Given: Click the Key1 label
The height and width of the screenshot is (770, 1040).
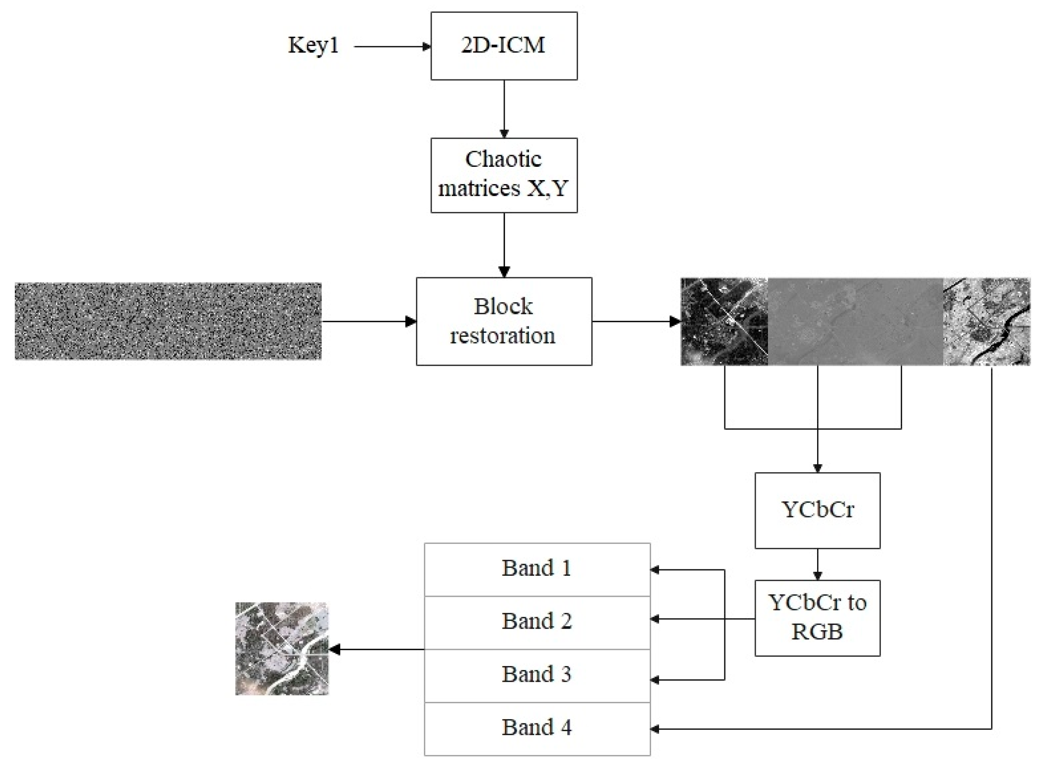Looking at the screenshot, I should (313, 46).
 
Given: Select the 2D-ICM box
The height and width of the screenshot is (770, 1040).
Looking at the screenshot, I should (503, 46).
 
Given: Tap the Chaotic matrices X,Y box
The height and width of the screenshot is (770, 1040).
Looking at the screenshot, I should (503, 175).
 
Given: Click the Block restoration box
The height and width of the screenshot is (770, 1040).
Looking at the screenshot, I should (503, 321).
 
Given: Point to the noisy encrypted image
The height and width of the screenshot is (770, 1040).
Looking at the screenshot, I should (168, 321).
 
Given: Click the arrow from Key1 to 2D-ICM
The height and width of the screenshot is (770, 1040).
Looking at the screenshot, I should (391, 47).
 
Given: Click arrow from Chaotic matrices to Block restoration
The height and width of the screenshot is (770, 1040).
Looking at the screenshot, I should (504, 244).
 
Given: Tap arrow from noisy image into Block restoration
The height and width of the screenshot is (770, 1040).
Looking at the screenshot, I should (368, 321).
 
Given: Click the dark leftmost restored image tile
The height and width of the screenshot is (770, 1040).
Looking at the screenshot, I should (724, 321).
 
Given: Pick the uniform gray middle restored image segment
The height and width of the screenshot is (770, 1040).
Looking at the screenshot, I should (855, 321).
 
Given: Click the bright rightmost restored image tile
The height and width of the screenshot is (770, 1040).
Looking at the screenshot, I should (987, 321).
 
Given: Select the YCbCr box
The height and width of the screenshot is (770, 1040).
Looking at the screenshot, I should (817, 510).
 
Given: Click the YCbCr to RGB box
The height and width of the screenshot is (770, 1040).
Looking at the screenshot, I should (817, 618).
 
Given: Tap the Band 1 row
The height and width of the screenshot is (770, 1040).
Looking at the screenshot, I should (537, 569).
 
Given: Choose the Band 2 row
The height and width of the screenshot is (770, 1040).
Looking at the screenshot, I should (537, 622).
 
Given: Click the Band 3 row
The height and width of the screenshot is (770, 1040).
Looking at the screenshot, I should (537, 675).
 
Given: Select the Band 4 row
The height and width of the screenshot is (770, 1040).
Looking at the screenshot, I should (537, 728).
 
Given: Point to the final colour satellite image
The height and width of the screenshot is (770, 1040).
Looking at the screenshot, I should (282, 649).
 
